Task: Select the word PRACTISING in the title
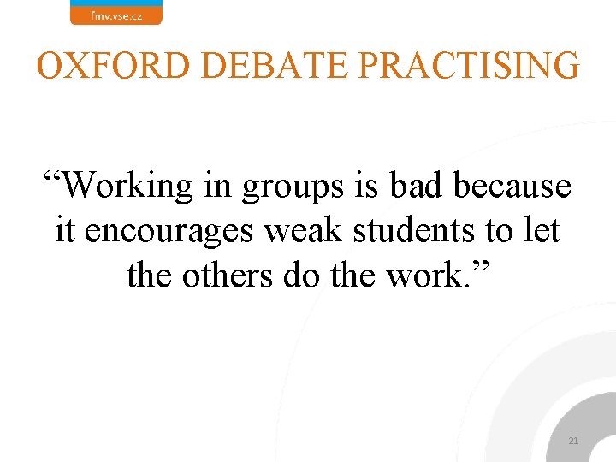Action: coord(463,65)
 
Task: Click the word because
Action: coord(512,185)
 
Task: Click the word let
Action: coord(542,230)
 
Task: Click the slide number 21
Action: coord(573,441)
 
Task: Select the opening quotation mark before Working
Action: coord(53,178)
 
